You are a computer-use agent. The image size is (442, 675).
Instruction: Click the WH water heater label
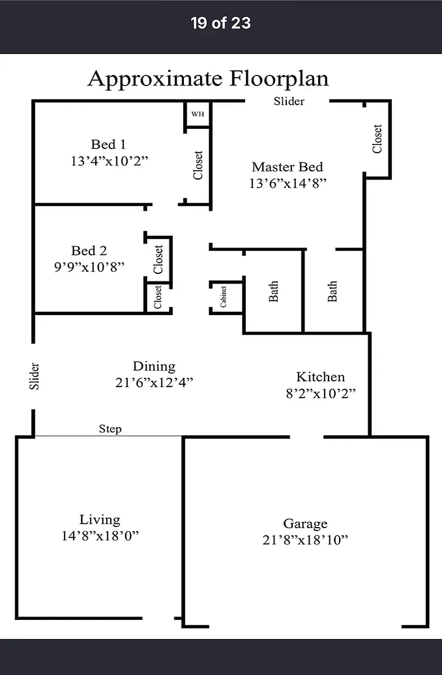(x=197, y=114)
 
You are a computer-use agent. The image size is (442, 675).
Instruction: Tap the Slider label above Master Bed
(x=289, y=101)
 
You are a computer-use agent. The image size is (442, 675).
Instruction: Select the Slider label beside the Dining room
(x=34, y=376)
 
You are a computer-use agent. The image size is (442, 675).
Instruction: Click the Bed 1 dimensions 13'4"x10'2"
(x=109, y=161)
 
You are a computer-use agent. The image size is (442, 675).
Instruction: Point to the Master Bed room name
(x=287, y=167)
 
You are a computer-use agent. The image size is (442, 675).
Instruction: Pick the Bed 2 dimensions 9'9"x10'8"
(x=89, y=267)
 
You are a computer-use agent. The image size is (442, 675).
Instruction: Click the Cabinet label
(x=223, y=297)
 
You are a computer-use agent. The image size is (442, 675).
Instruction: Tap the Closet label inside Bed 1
(x=197, y=165)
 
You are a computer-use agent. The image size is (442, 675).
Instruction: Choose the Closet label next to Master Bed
(x=377, y=139)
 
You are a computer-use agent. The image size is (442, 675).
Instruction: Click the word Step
(x=110, y=429)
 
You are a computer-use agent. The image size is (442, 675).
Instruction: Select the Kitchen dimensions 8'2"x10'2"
(x=321, y=393)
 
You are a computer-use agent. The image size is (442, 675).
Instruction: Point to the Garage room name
(x=305, y=524)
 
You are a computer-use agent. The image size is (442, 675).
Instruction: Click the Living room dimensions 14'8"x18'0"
(x=100, y=535)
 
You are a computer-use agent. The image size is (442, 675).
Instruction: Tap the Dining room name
(x=154, y=366)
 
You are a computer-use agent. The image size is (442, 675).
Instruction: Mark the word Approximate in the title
(x=155, y=79)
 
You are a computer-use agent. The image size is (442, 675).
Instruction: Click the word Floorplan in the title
(x=279, y=79)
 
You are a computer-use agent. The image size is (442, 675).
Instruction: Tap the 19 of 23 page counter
(x=220, y=23)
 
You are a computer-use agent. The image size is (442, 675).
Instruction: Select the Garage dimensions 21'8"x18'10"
(x=305, y=540)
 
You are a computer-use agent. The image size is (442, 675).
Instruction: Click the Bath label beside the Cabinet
(x=273, y=291)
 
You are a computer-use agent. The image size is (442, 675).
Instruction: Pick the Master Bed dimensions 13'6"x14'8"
(x=288, y=183)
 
